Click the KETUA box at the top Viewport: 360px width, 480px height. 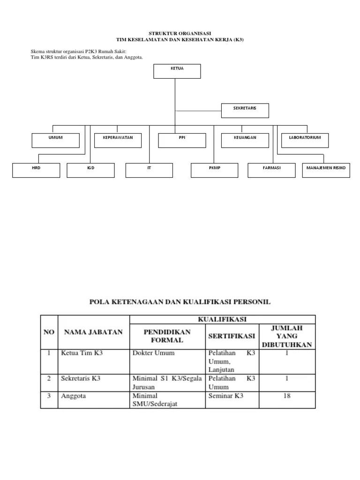(177, 71)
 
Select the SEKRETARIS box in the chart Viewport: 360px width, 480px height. (245, 110)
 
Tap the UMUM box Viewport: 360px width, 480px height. (55, 140)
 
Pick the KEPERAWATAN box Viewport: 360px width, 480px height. (118, 140)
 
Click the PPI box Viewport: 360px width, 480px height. (182, 140)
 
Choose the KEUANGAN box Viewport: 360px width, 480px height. (245, 140)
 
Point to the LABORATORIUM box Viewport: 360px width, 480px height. (305, 140)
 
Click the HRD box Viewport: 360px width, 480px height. (36, 170)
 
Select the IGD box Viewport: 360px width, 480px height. (90, 170)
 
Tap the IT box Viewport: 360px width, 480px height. (149, 170)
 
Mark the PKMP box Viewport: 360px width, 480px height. (215, 170)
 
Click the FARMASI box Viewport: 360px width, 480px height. (272, 170)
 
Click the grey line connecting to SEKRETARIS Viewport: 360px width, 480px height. (198, 111)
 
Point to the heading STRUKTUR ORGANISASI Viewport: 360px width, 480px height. (180, 34)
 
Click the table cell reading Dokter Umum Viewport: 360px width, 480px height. (154, 353)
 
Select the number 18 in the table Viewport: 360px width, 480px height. (287, 396)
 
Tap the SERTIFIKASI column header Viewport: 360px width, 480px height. (232, 336)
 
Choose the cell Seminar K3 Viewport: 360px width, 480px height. (226, 396)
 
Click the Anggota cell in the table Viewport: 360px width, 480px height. (74, 396)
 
